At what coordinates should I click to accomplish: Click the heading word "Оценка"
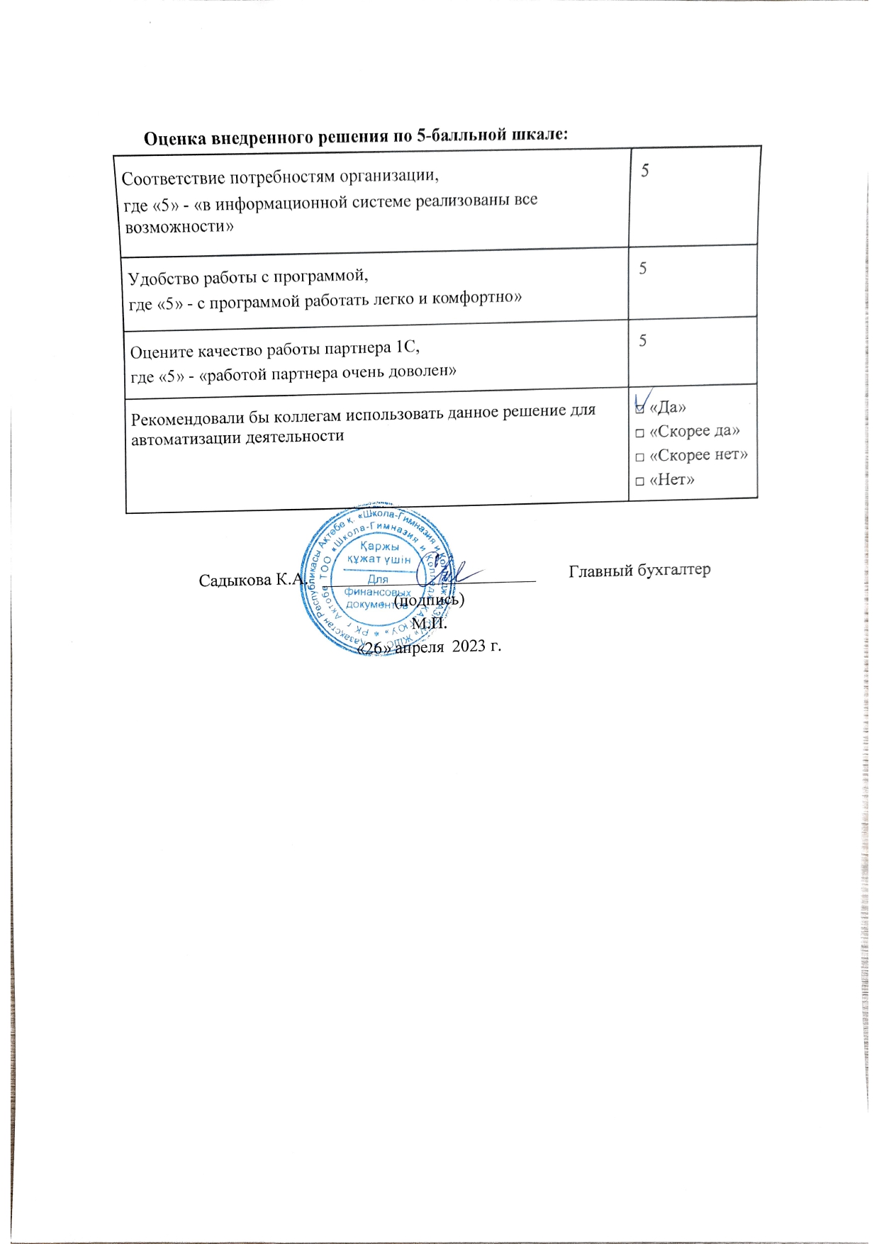coord(175,138)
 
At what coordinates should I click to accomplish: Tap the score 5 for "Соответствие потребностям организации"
coord(645,170)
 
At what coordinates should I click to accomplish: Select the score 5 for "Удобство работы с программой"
coord(643,268)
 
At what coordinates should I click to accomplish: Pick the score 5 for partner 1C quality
coord(642,340)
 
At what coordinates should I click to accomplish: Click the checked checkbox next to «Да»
coord(641,408)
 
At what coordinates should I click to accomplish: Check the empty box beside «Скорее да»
coord(640,432)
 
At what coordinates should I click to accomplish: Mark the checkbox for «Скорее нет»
coord(640,457)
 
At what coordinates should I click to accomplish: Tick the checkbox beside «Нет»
coord(640,481)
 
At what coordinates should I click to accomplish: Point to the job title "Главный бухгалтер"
coord(639,570)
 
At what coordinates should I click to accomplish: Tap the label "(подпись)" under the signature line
coord(429,600)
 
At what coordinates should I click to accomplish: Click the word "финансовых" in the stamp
coord(377,592)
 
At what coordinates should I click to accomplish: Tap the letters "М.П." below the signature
coord(429,624)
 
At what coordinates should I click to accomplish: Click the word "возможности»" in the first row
coord(179,228)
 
